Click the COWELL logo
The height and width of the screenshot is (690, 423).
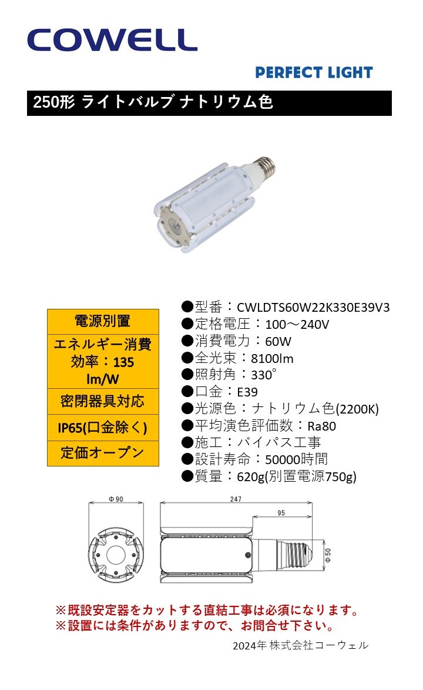pos(112,40)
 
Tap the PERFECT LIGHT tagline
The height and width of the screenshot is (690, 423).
pos(314,72)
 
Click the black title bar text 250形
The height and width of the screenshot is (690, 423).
pos(53,102)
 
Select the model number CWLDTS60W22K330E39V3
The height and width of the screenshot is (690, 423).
pos(313,308)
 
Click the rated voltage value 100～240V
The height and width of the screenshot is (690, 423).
pos(297,325)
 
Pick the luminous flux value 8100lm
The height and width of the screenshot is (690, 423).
pos(272,359)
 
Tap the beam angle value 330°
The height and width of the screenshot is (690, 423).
pos(264,375)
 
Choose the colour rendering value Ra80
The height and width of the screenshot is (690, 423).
pos(321,426)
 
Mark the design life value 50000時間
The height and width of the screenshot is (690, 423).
pos(296,459)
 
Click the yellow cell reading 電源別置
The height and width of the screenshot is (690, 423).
pos(103,321)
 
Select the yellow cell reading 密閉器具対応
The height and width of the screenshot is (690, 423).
pos(103,401)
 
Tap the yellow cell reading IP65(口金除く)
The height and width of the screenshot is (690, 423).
pos(103,427)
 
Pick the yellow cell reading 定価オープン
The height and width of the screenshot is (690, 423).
pos(103,453)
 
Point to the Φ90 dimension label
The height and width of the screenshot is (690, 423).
pos(116,499)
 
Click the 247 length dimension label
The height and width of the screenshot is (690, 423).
pos(236,499)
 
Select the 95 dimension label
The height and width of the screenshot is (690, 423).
pos(281,513)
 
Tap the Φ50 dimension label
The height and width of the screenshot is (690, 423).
pos(328,555)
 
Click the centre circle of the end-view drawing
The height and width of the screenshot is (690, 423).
pos(116,555)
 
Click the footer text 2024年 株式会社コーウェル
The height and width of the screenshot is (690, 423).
pos(300,645)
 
